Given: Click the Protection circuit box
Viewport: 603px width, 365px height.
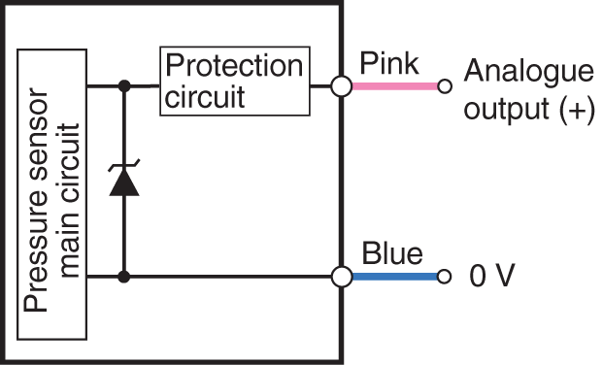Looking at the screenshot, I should (233, 82).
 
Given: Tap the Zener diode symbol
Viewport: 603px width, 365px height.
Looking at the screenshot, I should (124, 181).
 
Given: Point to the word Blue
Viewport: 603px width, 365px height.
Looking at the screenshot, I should (392, 254).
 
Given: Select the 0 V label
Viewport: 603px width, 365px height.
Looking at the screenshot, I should (491, 278).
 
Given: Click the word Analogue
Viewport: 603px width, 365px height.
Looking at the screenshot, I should (528, 71).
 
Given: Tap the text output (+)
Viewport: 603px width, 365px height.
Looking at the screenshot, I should (528, 110).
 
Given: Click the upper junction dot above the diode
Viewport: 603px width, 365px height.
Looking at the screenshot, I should (124, 86).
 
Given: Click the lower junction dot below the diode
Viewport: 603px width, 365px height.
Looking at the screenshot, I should (124, 277).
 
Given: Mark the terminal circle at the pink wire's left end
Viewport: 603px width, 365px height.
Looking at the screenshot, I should (341, 86).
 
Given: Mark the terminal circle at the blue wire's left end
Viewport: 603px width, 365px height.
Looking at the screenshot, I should (341, 277).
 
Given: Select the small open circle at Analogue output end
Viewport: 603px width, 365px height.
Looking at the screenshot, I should (445, 86).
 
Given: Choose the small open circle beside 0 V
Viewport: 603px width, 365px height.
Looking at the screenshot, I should (445, 277).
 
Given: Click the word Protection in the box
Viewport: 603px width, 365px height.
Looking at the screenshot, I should (234, 67).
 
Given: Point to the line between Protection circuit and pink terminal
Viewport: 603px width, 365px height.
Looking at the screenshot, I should (320, 86).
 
